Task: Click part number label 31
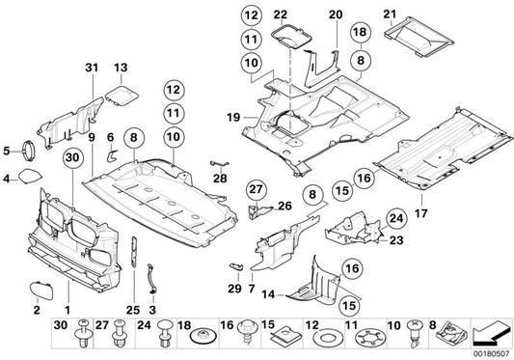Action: (x=92, y=67)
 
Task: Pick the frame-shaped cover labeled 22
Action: (x=285, y=39)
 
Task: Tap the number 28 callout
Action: (x=221, y=179)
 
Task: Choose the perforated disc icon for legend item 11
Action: (x=364, y=334)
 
